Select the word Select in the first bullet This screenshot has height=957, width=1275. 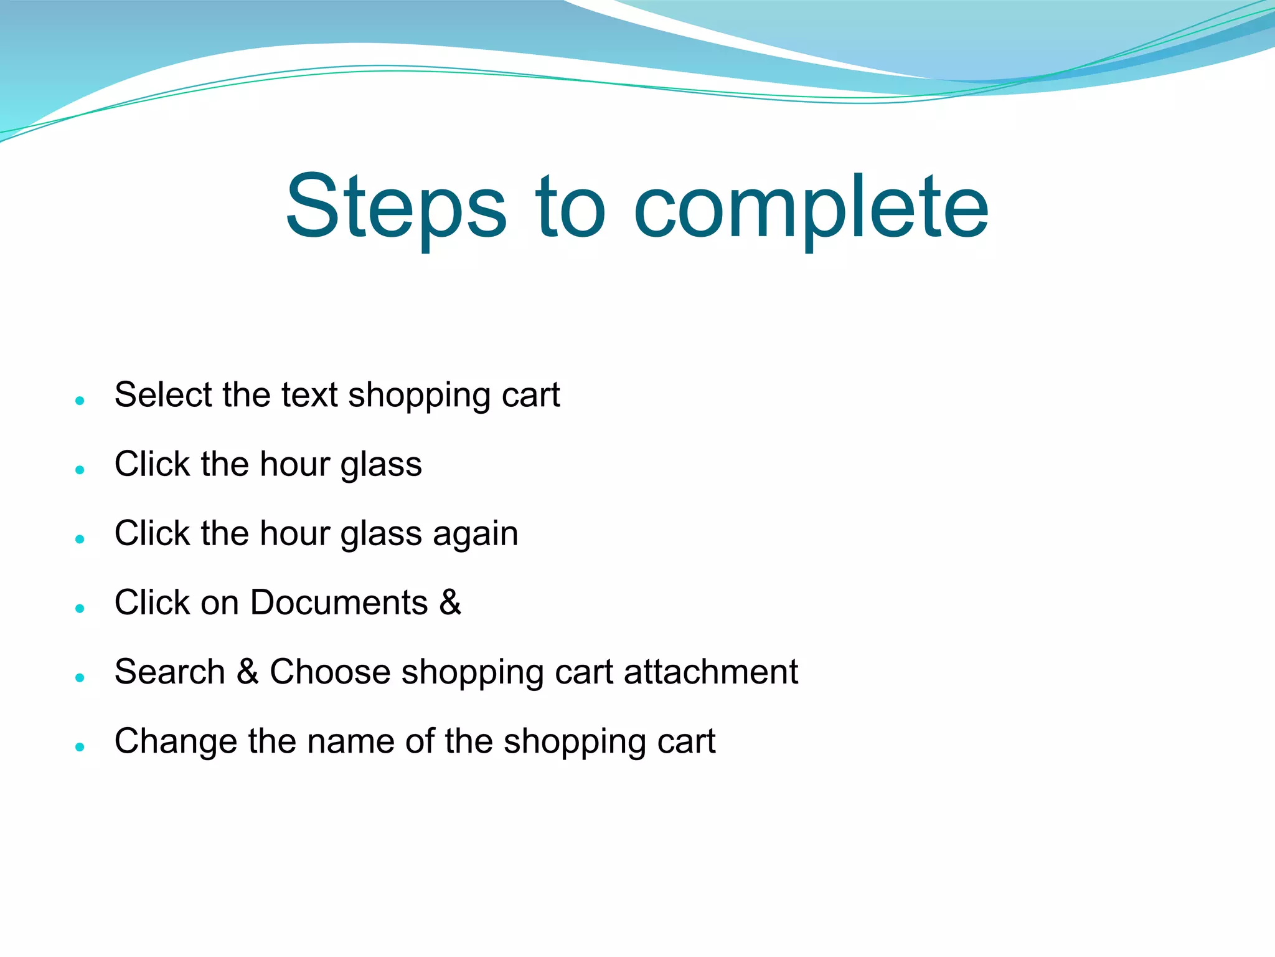(x=163, y=395)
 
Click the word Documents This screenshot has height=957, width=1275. (x=339, y=602)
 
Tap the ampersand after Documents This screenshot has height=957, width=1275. (x=449, y=602)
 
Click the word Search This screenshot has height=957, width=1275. (x=169, y=672)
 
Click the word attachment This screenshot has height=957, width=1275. (x=710, y=672)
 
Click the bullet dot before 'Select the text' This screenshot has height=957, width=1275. (x=79, y=400)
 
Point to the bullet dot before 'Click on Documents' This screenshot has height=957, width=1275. (x=79, y=607)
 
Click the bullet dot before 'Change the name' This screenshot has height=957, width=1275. (x=79, y=746)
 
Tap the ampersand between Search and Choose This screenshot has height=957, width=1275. (x=247, y=672)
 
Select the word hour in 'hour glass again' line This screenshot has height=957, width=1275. (x=294, y=534)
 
